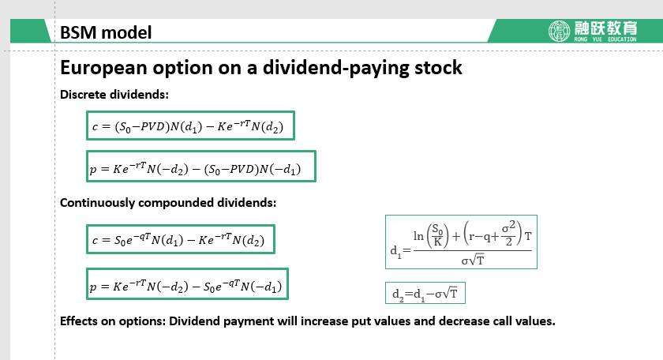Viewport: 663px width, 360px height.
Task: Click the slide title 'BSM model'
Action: pyautogui.click(x=106, y=32)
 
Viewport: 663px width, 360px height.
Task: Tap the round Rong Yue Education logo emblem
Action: pyautogui.click(x=559, y=31)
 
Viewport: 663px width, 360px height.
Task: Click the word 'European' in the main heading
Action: pyautogui.click(x=103, y=69)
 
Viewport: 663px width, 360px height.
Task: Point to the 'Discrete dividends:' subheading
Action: pyautogui.click(x=114, y=94)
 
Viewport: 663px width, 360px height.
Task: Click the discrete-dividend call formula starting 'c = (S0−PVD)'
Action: pyautogui.click(x=190, y=126)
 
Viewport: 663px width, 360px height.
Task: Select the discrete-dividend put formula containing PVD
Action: pyautogui.click(x=200, y=167)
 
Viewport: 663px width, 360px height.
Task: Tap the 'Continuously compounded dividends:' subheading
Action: pyautogui.click(x=168, y=203)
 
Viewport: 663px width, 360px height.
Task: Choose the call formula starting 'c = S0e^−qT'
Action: pyautogui.click(x=181, y=239)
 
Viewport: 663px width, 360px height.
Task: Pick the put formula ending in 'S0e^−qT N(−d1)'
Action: pyautogui.click(x=187, y=284)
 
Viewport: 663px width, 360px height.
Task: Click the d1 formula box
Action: pyautogui.click(x=461, y=242)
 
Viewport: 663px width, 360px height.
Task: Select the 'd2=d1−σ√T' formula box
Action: pyautogui.click(x=425, y=293)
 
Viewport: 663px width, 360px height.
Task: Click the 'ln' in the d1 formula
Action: pyautogui.click(x=418, y=236)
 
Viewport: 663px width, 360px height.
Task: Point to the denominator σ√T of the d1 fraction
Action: pyautogui.click(x=473, y=260)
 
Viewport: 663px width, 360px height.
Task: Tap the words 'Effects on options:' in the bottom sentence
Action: pyautogui.click(x=112, y=321)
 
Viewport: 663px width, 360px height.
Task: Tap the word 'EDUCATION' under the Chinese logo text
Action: pyautogui.click(x=622, y=39)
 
